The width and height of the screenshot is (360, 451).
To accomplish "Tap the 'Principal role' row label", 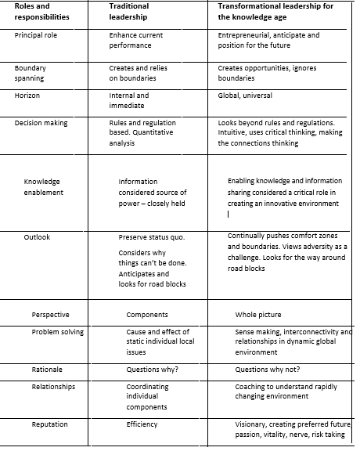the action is (36, 35).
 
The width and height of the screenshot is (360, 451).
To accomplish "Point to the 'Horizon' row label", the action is (27, 96).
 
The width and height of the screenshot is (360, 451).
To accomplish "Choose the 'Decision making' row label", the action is (41, 123).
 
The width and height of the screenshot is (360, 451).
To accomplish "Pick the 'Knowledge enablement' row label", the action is (44, 186).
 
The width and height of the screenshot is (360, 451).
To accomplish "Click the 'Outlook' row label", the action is (37, 236).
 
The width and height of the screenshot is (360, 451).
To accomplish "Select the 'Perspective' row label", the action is (50, 315).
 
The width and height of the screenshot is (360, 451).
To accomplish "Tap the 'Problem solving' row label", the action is (58, 332).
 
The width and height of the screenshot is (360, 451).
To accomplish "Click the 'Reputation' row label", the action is (50, 424).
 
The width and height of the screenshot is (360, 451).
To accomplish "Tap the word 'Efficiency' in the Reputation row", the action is (142, 424).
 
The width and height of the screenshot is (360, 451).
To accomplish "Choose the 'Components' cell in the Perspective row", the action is (147, 315).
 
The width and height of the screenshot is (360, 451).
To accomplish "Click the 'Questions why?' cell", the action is (153, 369).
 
